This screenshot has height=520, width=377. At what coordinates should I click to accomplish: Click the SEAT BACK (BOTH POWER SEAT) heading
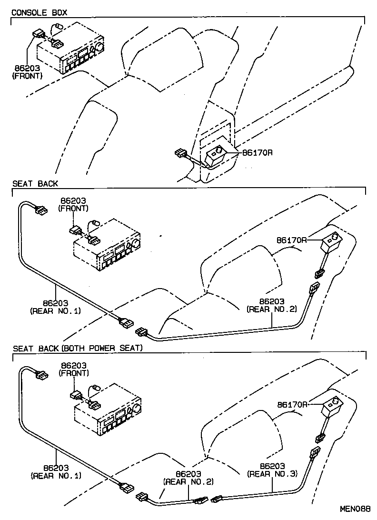78,348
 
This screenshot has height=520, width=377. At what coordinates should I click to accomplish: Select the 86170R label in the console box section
257,153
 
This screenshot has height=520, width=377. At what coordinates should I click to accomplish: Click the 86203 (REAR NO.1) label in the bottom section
56,471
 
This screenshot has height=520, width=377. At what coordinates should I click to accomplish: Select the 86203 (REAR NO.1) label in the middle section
56,307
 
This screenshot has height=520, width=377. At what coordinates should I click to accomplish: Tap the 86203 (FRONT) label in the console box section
27,72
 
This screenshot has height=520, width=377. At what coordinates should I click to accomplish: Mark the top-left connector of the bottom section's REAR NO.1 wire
40,374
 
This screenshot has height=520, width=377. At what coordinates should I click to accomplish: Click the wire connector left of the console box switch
181,153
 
